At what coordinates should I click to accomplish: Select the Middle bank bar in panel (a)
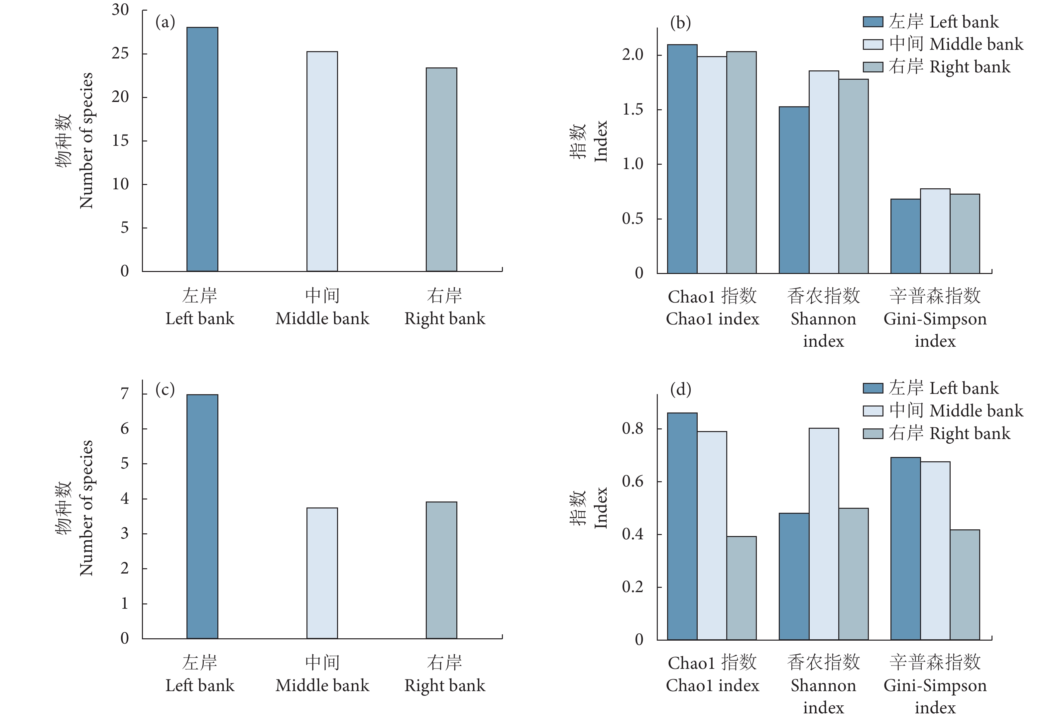(x=322, y=161)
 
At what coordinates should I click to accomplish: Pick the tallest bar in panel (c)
(x=202, y=516)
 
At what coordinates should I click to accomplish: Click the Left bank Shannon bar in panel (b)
(x=794, y=190)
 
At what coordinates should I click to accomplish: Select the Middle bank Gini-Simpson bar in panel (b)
(x=935, y=231)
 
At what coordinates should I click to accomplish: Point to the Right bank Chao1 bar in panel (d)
(x=741, y=588)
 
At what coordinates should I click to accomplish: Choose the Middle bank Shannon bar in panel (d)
(x=824, y=534)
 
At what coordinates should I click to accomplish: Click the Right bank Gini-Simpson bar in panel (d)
(x=965, y=585)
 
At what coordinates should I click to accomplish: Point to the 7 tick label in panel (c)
(x=125, y=394)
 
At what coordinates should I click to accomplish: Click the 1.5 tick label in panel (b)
(x=633, y=110)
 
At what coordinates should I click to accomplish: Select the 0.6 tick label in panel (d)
(x=633, y=481)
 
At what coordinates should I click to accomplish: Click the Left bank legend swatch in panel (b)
(x=872, y=22)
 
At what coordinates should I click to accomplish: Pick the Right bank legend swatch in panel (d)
(x=872, y=433)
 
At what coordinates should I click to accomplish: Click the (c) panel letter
(x=165, y=389)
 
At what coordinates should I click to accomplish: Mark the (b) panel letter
(x=680, y=22)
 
